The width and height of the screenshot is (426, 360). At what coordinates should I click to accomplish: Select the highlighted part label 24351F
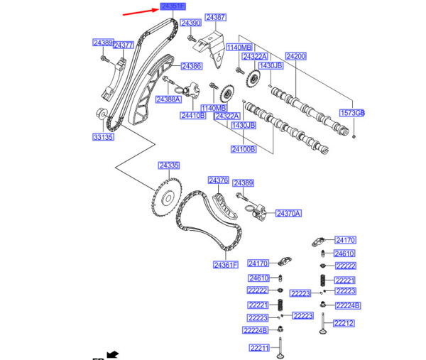173,6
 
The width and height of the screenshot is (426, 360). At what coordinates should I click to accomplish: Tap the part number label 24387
216,17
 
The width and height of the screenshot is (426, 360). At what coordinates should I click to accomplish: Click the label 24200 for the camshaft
296,55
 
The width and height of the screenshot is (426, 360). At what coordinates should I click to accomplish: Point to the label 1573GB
351,113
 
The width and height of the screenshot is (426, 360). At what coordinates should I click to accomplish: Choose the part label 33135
103,136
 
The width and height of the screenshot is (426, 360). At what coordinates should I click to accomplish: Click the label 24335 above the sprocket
169,165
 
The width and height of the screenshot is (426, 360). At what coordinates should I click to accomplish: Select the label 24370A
288,213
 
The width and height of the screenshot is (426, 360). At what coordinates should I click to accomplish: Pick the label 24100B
242,149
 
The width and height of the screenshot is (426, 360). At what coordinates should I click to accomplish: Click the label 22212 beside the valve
344,323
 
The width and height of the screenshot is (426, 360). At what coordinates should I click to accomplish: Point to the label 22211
258,348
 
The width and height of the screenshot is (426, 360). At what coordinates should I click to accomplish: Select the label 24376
217,180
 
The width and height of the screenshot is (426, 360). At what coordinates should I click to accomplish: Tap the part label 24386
191,66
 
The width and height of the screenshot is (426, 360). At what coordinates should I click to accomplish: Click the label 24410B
192,115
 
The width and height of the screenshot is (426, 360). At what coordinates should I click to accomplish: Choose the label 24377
124,45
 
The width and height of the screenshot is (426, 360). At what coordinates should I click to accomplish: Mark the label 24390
190,23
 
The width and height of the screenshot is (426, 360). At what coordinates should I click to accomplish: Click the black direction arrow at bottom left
111,354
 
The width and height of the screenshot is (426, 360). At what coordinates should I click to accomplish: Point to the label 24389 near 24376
244,182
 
